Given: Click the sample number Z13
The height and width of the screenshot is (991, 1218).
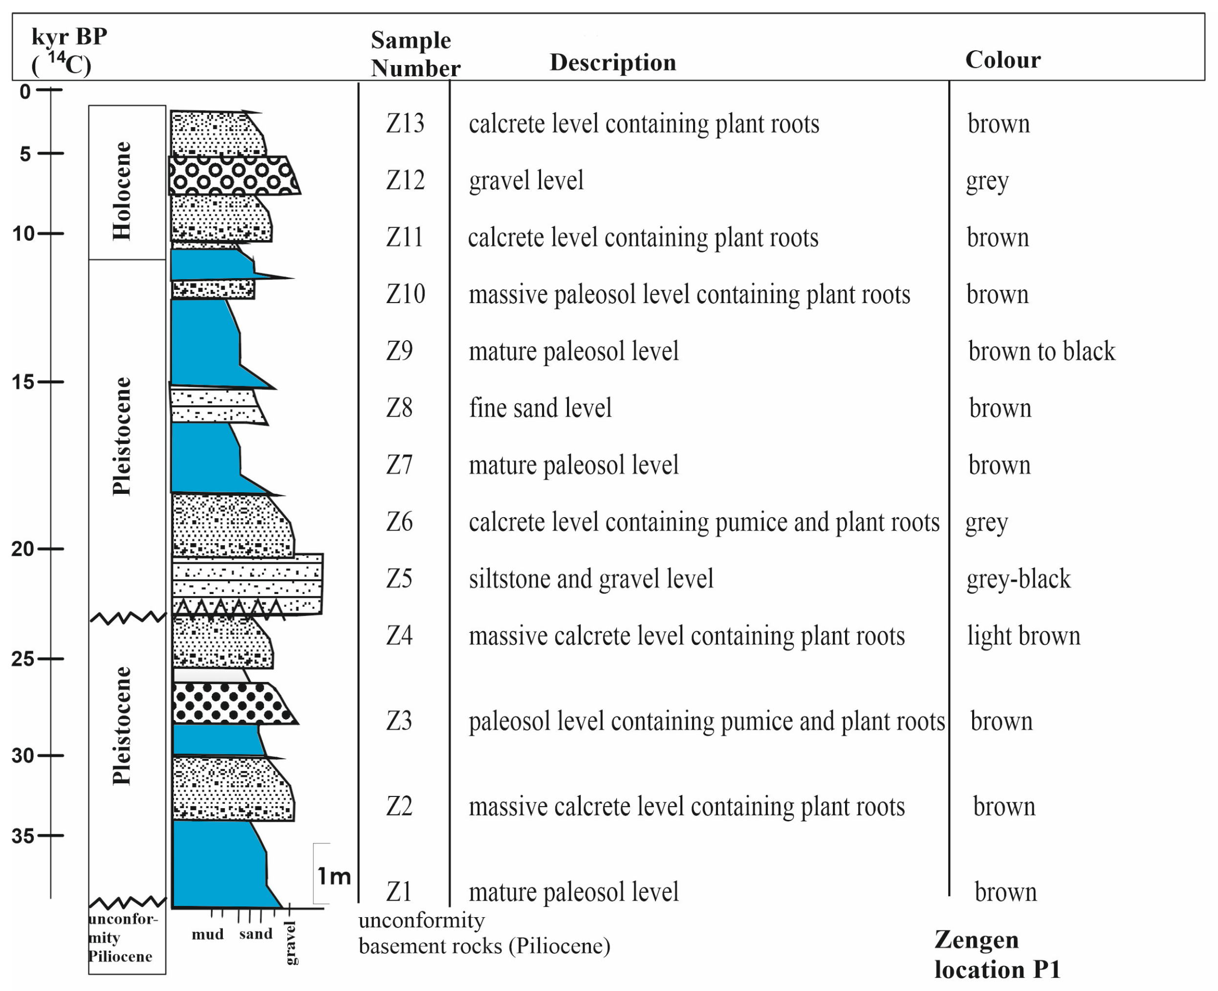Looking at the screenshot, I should tap(405, 123).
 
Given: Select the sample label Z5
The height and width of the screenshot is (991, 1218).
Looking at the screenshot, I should tap(399, 578).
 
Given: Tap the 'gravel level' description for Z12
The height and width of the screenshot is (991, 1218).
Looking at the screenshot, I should tap(526, 180).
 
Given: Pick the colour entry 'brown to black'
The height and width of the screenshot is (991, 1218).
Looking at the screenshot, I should tap(1041, 351).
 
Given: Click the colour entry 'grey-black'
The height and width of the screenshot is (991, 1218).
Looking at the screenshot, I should tap(1018, 579).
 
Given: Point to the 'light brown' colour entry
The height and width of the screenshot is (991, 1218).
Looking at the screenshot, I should tap(1023, 636).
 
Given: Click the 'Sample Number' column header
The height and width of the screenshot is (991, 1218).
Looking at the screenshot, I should tap(415, 54).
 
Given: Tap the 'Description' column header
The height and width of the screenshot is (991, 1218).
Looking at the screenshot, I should tap(612, 62).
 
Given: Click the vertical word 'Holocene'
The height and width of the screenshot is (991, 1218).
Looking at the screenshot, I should tap(122, 191).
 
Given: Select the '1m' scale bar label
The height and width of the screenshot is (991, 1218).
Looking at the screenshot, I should tap(334, 876).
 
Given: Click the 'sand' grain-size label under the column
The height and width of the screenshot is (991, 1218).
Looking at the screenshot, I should tap(256, 934).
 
